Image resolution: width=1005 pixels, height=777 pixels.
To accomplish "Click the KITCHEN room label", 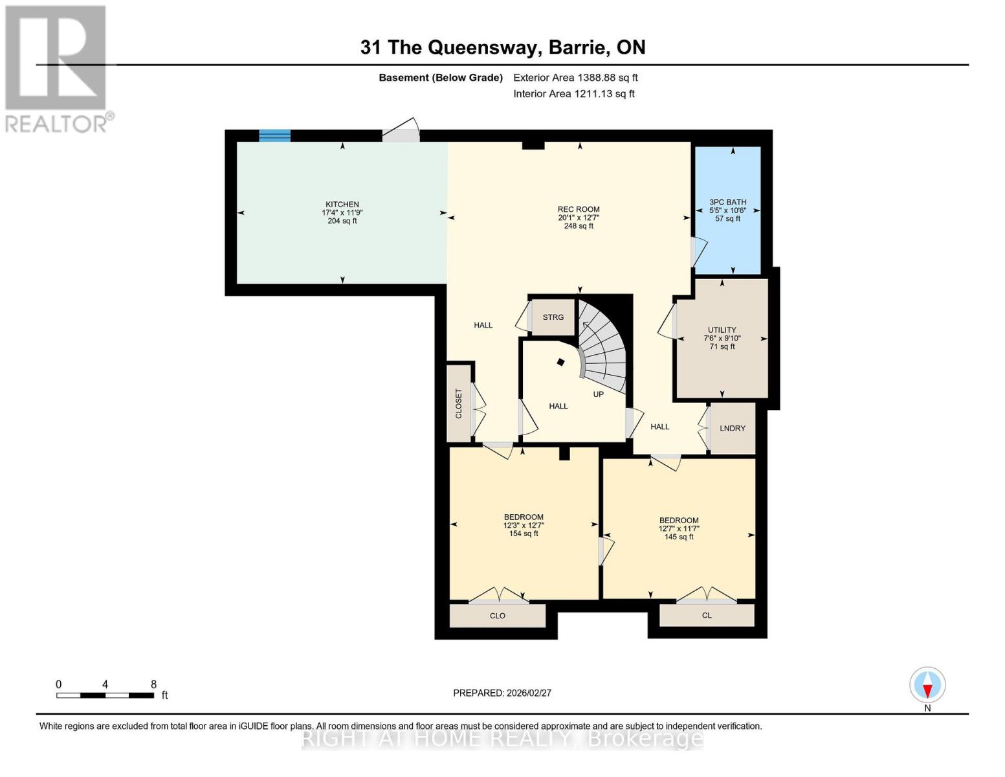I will coord(342,205).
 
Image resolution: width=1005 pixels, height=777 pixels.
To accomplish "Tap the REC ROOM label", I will coord(579,209).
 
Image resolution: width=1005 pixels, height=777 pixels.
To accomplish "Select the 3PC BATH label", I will coord(727,202).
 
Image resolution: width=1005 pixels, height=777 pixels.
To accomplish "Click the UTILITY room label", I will coord(722,330).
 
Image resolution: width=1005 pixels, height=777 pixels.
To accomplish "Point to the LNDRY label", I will coord(733,428).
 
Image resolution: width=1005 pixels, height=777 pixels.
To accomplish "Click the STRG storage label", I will coord(553,317).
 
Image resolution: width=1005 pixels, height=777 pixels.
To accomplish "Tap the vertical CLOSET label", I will coord(459,403).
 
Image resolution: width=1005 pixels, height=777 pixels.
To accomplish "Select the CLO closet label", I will coord(497,616).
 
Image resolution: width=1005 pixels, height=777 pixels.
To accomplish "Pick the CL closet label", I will coord(707,615).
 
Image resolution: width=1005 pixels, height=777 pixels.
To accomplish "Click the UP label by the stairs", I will coord(598,394).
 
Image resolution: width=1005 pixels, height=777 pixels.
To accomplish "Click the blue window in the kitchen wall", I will coord(274,135).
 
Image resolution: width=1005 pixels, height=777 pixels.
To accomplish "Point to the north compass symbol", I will coord(927,685).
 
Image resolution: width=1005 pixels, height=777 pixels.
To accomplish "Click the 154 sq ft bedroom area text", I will coord(524,534).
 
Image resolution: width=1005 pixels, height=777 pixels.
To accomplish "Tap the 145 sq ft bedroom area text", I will coord(679,537).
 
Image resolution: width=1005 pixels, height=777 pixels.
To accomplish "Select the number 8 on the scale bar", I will coord(153,684).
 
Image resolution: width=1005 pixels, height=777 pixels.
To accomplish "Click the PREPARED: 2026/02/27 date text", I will coord(502,693).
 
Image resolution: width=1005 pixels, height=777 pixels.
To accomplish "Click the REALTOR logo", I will coord(57,68).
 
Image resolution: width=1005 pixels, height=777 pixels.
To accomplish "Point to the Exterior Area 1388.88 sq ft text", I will coord(575,78).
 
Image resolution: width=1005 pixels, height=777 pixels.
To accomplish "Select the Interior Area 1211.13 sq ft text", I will coord(573,94).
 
